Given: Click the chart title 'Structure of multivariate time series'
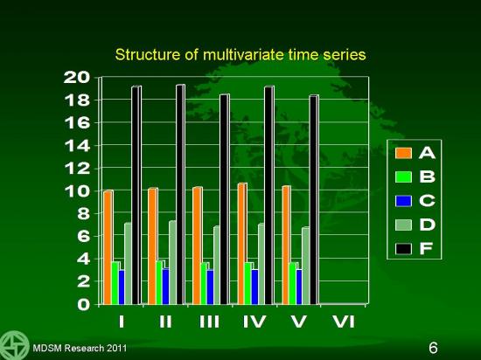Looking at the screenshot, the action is pos(240,55).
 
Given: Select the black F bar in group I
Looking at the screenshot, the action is pos(136,195).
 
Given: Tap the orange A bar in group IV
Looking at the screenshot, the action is pos(242,244).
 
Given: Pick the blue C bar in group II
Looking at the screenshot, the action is pos(166,286).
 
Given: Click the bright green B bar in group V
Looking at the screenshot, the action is pos(293,283).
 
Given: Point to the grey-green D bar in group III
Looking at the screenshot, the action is pos(217,266).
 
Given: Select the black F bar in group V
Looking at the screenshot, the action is pos(314,200).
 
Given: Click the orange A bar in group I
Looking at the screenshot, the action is pos(108,247).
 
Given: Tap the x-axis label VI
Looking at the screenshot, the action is pos(344,322).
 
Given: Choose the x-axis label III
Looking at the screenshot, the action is pos(210,322).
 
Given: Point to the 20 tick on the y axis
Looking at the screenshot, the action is pos(77,77).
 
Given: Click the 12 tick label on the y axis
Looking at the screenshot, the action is pos(77,169).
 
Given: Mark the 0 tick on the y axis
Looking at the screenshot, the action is pos(84,305).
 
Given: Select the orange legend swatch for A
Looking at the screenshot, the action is pos(403,153).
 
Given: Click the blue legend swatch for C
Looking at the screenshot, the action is pos(403,201).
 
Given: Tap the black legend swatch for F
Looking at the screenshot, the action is pos(403,249).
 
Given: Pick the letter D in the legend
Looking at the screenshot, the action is pos(427,225).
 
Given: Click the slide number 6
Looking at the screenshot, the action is pos(433,348).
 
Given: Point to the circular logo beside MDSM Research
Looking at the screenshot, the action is pos(14,345).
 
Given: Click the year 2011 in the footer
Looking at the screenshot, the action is pos(116,348).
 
